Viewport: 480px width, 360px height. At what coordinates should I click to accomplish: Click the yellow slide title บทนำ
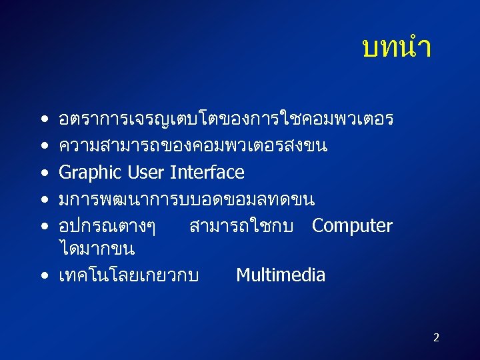pyautogui.click(x=396, y=48)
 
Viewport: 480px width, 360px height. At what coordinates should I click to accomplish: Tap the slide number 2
pyautogui.click(x=436, y=337)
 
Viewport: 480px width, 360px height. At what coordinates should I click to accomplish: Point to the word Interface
pyautogui.click(x=207, y=173)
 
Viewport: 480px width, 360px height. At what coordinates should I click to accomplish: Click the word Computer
pyautogui.click(x=352, y=226)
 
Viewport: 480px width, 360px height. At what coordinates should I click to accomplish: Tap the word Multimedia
pyautogui.click(x=281, y=275)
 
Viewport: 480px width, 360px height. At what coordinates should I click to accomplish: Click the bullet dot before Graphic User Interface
pyautogui.click(x=43, y=173)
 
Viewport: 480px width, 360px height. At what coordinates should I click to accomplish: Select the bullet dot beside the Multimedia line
pyautogui.click(x=43, y=275)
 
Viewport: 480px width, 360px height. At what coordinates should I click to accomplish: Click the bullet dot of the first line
pyautogui.click(x=43, y=120)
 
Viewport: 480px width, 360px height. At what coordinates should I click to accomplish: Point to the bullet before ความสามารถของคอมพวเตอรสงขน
pyautogui.click(x=43, y=147)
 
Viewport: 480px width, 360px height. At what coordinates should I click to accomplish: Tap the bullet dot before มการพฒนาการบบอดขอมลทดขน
pyautogui.click(x=43, y=200)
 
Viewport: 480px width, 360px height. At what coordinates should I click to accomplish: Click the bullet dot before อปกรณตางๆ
pyautogui.click(x=43, y=227)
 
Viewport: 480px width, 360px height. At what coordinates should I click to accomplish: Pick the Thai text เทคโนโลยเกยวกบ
pyautogui.click(x=129, y=275)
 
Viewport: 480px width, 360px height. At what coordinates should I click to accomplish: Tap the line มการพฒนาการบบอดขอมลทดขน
pyautogui.click(x=187, y=199)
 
